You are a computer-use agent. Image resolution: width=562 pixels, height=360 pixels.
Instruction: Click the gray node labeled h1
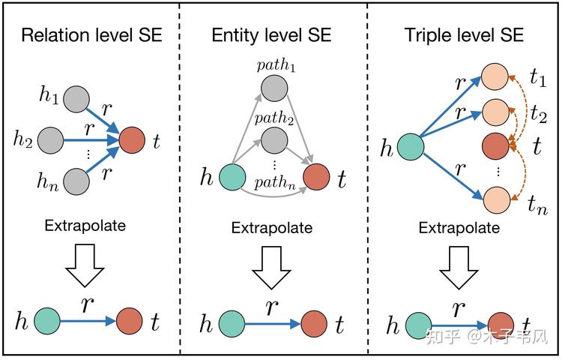pyautogui.click(x=76, y=99)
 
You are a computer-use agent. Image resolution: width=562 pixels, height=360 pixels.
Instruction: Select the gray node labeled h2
pyautogui.click(x=50, y=140)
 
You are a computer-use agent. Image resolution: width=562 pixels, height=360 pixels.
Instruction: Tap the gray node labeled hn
pyautogui.click(x=76, y=181)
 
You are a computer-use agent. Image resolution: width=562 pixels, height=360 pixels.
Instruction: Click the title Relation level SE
pyautogui.click(x=91, y=35)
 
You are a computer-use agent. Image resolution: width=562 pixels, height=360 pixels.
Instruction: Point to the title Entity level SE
pyautogui.click(x=271, y=35)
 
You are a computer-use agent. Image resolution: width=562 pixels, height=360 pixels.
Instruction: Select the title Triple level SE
pyautogui.click(x=464, y=35)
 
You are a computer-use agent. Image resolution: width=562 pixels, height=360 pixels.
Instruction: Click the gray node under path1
pyautogui.click(x=274, y=88)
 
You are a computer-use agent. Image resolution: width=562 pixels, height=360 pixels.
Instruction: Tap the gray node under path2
pyautogui.click(x=274, y=140)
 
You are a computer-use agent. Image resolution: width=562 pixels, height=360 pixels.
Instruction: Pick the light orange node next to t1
pyautogui.click(x=495, y=76)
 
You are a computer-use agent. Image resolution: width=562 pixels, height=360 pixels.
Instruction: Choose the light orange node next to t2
pyautogui.click(x=496, y=112)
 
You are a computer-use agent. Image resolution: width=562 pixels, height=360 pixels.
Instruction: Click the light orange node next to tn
pyautogui.click(x=497, y=199)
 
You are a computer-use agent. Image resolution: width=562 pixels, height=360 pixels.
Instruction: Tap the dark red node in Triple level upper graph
pyautogui.click(x=495, y=146)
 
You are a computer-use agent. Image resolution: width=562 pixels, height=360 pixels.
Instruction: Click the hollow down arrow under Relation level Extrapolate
pyautogui.click(x=85, y=265)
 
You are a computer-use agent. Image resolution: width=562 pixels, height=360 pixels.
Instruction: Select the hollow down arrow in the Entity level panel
pyautogui.click(x=272, y=268)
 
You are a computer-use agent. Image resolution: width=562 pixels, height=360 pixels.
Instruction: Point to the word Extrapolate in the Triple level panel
pyautogui.click(x=459, y=228)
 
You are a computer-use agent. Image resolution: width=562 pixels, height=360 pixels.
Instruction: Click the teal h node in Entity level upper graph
pyautogui.click(x=232, y=177)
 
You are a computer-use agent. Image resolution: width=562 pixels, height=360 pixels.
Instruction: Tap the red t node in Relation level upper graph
pyautogui.click(x=132, y=139)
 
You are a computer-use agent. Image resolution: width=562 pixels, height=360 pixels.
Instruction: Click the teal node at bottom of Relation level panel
pyautogui.click(x=47, y=321)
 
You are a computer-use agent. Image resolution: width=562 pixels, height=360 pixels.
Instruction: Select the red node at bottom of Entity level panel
pyautogui.click(x=314, y=324)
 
